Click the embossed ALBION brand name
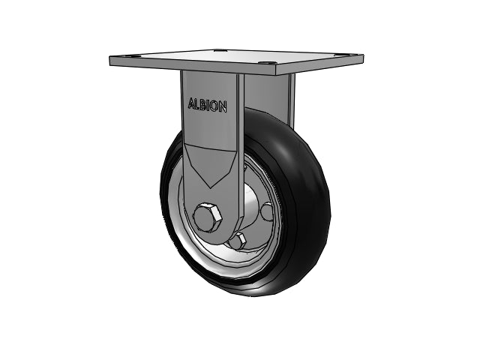pyautogui.click(x=207, y=105)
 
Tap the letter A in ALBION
pyautogui.click(x=191, y=103)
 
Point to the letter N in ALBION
pyautogui.click(x=223, y=106)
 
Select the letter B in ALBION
pyautogui.click(x=203, y=105)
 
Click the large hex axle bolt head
pyautogui.click(x=207, y=217)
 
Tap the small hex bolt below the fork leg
pyautogui.click(x=238, y=240)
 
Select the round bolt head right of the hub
pyautogui.click(x=267, y=211)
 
